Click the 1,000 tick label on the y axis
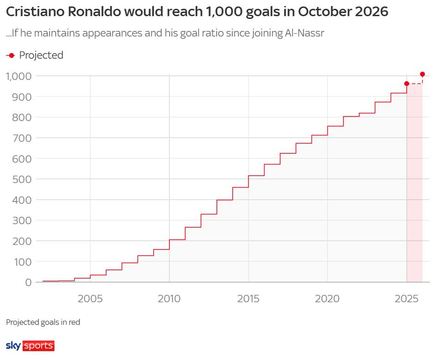[18, 76]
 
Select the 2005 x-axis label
[90, 299]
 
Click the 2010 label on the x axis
[169, 299]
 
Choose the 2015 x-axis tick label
[248, 299]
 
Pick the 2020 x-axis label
[327, 299]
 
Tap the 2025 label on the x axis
[406, 299]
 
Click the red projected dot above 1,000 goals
[422, 74]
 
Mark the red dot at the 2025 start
[407, 84]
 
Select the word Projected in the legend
[41, 55]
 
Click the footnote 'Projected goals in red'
[43, 322]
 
